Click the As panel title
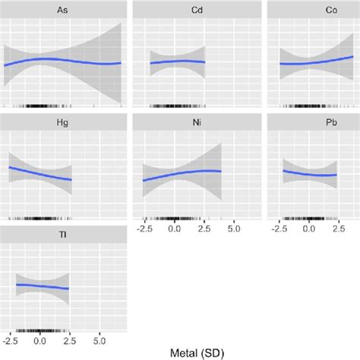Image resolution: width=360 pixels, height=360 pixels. (x=64, y=10)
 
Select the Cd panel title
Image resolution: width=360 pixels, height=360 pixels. (x=178, y=10)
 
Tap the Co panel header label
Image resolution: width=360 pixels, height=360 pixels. (x=308, y=10)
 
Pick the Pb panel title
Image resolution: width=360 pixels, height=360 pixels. (x=308, y=122)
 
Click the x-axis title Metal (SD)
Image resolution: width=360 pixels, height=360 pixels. (x=178, y=352)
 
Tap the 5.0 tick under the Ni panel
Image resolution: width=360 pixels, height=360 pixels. (x=232, y=228)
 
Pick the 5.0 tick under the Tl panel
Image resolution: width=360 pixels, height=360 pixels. (x=99, y=339)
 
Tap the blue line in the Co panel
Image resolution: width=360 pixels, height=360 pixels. (x=308, y=62)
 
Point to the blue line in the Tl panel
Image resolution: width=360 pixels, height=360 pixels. (x=42, y=286)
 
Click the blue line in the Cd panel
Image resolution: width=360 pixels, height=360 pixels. (x=178, y=62)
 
